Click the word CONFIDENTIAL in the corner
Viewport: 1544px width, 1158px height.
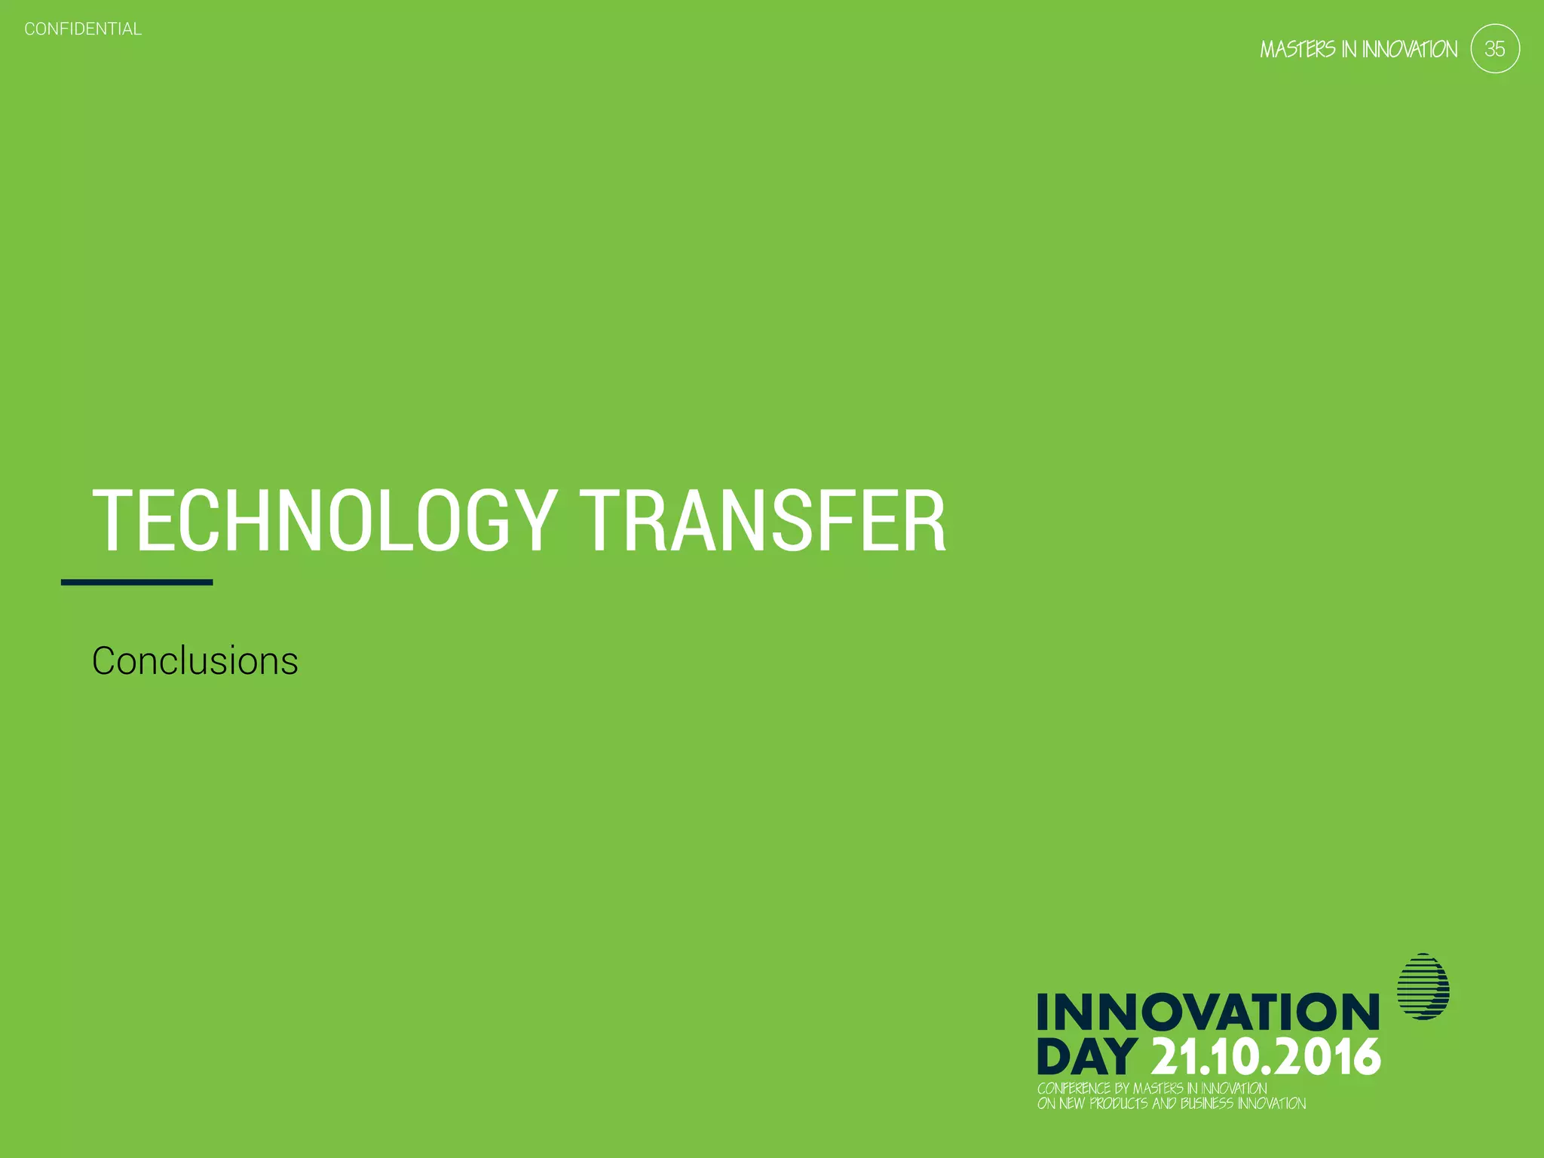point(83,29)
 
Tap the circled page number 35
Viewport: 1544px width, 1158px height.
point(1494,49)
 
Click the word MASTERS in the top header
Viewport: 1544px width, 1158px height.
point(1297,50)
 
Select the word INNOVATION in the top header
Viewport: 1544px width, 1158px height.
point(1410,50)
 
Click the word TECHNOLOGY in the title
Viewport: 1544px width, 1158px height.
point(324,521)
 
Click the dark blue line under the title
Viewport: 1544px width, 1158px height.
point(136,582)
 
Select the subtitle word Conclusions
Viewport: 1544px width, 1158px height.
point(195,661)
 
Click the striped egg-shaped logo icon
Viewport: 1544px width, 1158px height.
point(1423,986)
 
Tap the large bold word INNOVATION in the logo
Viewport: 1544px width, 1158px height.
point(1208,1012)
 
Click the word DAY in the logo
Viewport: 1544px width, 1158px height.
point(1086,1057)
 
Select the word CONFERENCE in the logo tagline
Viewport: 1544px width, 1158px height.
point(1074,1089)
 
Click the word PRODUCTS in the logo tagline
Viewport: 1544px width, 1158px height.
point(1119,1104)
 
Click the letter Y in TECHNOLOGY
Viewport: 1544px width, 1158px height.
point(532,521)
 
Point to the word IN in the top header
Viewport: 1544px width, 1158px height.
point(1349,50)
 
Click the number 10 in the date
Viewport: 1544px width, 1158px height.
point(1240,1057)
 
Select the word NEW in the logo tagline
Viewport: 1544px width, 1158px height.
point(1072,1104)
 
